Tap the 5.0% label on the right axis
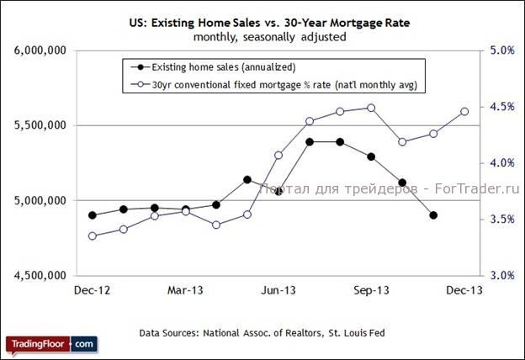pyautogui.click(x=502, y=51)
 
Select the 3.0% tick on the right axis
pyautogui.click(x=502, y=276)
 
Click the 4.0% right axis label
pyautogui.click(x=502, y=163)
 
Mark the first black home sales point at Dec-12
pyautogui.click(x=93, y=215)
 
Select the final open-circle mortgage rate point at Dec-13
pyautogui.click(x=464, y=111)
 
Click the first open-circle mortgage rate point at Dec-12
pyautogui.click(x=93, y=236)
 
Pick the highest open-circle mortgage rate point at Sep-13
pyautogui.click(x=371, y=108)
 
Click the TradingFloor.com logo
pyautogui.click(x=51, y=344)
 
